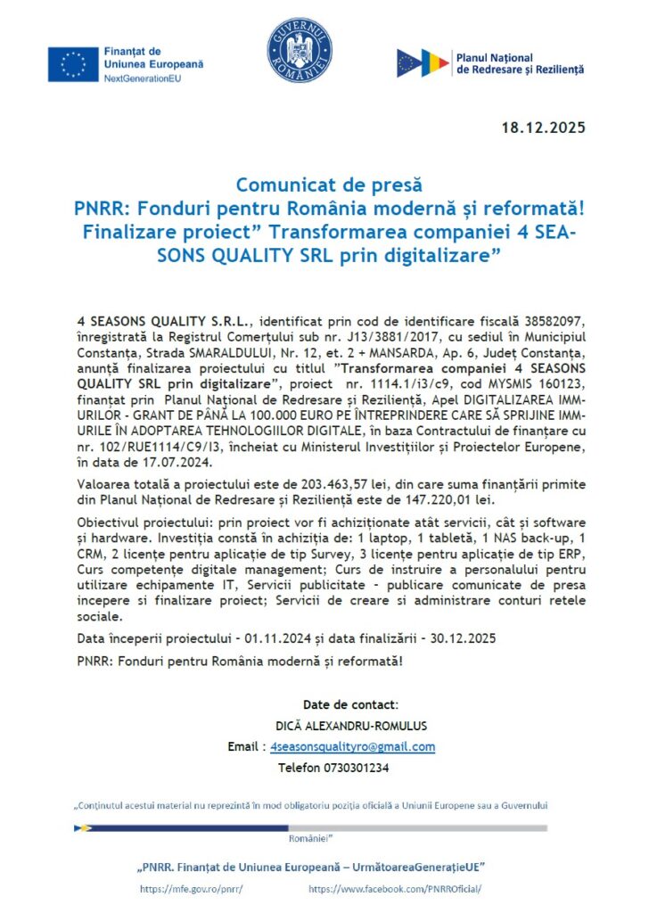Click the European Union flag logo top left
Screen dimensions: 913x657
(73, 64)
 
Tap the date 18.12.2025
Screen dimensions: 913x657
(543, 127)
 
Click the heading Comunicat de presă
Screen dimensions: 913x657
(328, 185)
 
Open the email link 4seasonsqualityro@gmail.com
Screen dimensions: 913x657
(352, 746)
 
